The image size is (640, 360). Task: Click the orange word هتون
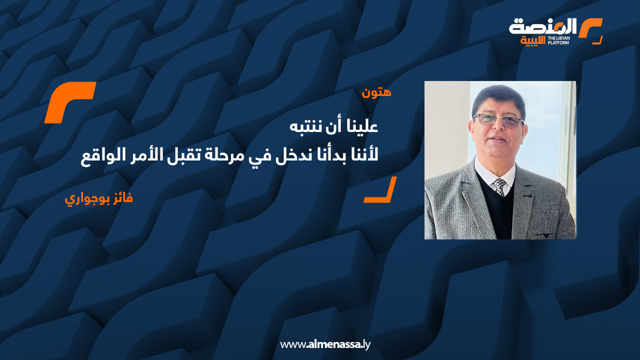(376, 92)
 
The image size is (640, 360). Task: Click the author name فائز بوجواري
(99, 198)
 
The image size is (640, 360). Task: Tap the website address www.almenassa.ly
(325, 344)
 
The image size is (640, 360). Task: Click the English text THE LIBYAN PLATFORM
(558, 39)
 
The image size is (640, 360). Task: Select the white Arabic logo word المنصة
(542, 27)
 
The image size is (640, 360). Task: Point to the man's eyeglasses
(498, 120)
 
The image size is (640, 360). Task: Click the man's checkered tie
(499, 187)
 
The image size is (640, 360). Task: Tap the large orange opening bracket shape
(69, 102)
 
